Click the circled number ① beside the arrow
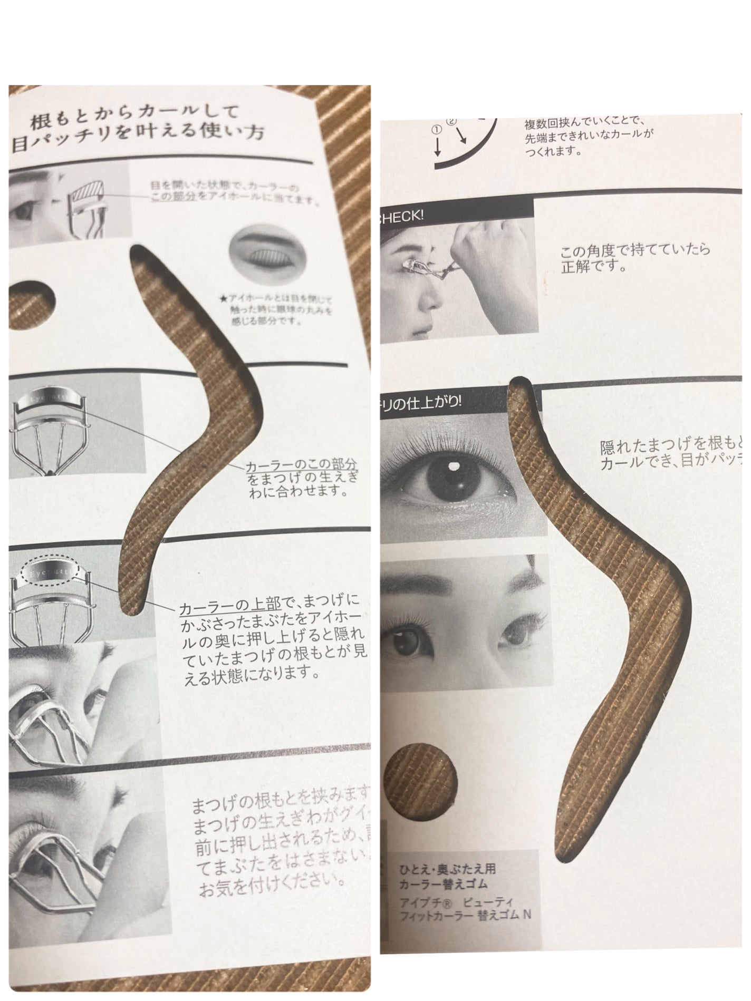tap(437, 129)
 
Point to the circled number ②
tap(451, 121)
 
